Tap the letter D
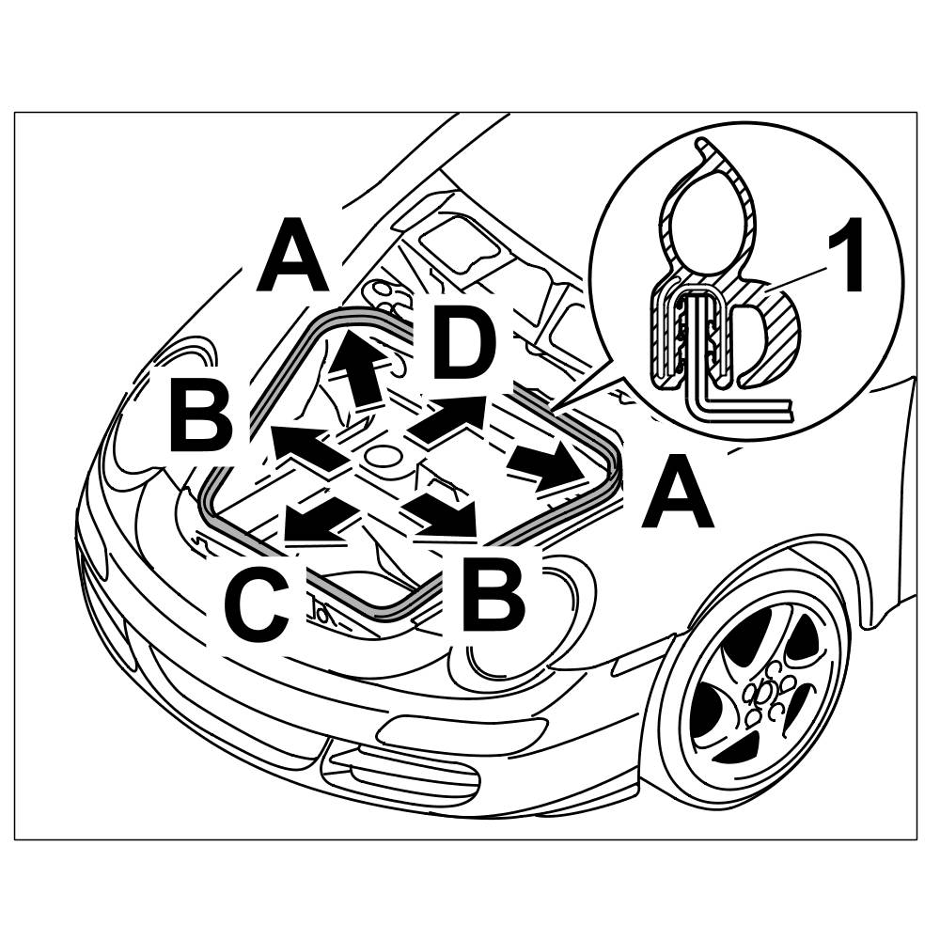coord(463,345)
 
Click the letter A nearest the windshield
coord(292,255)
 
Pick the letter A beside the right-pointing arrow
coord(678,498)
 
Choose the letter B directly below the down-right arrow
coord(493,594)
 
